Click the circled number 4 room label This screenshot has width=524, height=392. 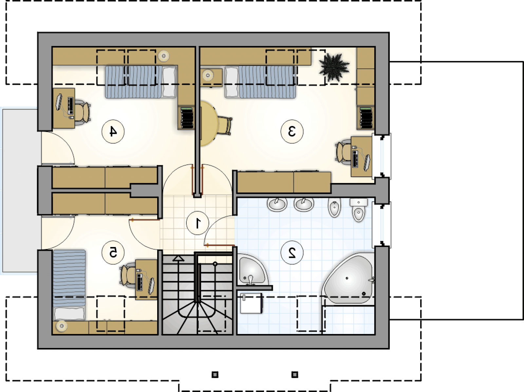click(x=113, y=132)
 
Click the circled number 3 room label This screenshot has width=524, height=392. click(x=292, y=132)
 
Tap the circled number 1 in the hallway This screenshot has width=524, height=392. click(x=198, y=223)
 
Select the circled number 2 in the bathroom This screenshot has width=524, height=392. click(x=292, y=253)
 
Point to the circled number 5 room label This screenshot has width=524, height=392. click(x=113, y=253)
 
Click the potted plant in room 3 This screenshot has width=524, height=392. click(x=334, y=67)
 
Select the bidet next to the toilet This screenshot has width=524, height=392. click(x=334, y=207)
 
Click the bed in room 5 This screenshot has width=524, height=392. click(x=69, y=285)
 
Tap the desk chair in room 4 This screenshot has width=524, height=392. click(x=82, y=112)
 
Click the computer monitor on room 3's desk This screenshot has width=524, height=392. click(x=367, y=163)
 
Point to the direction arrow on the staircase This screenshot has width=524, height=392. click(x=178, y=258)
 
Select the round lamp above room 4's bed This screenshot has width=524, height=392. click(x=164, y=56)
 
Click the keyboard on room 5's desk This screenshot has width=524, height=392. click(x=140, y=282)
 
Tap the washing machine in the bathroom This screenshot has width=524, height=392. click(x=252, y=303)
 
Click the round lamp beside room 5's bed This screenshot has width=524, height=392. click(x=62, y=325)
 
